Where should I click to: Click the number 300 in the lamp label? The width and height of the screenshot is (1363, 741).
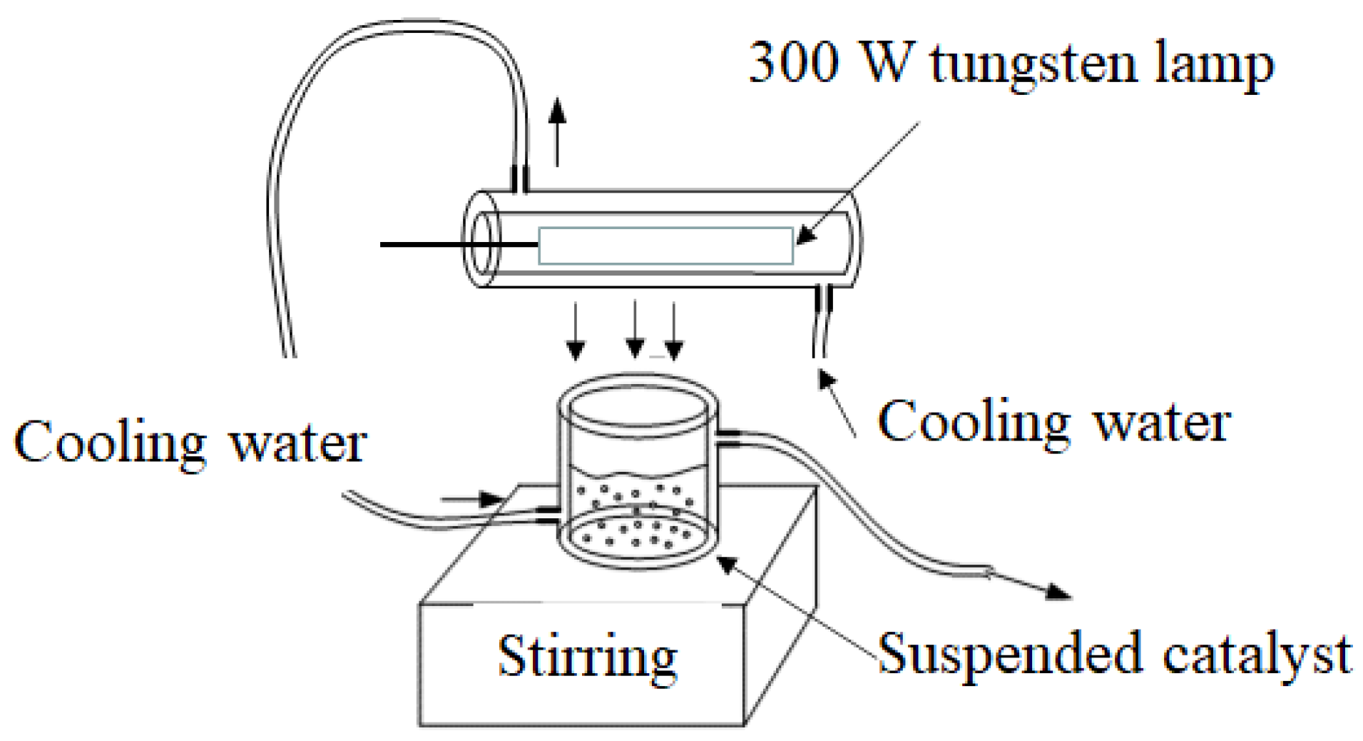793,63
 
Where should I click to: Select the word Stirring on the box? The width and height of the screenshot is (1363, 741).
587,657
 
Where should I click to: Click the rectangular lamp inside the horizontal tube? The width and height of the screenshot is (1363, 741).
665,246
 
